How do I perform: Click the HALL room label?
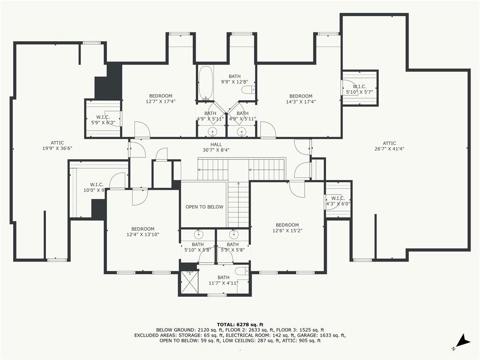pos(216,144)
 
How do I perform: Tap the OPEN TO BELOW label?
pos(204,207)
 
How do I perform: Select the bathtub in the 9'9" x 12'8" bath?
pos(206,83)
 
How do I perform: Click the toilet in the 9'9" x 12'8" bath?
pos(248,90)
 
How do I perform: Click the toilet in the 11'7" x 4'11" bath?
pos(243,271)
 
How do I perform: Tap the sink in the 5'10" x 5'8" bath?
pos(198,234)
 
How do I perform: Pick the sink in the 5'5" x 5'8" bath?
pos(234,234)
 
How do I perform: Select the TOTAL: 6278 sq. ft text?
pos(240,324)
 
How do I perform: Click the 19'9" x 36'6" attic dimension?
pos(57,148)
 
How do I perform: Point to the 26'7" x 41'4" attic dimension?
pos(390,149)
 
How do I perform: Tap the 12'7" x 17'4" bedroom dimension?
pos(161,101)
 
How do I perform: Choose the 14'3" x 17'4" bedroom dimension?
pos(301,102)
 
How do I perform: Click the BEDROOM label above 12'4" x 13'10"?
pos(142,229)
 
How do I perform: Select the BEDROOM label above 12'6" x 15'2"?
pos(287,225)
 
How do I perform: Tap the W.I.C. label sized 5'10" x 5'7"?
pos(360,87)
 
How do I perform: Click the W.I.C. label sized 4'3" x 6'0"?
pos(338,198)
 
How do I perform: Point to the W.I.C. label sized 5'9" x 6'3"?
pos(103,117)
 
